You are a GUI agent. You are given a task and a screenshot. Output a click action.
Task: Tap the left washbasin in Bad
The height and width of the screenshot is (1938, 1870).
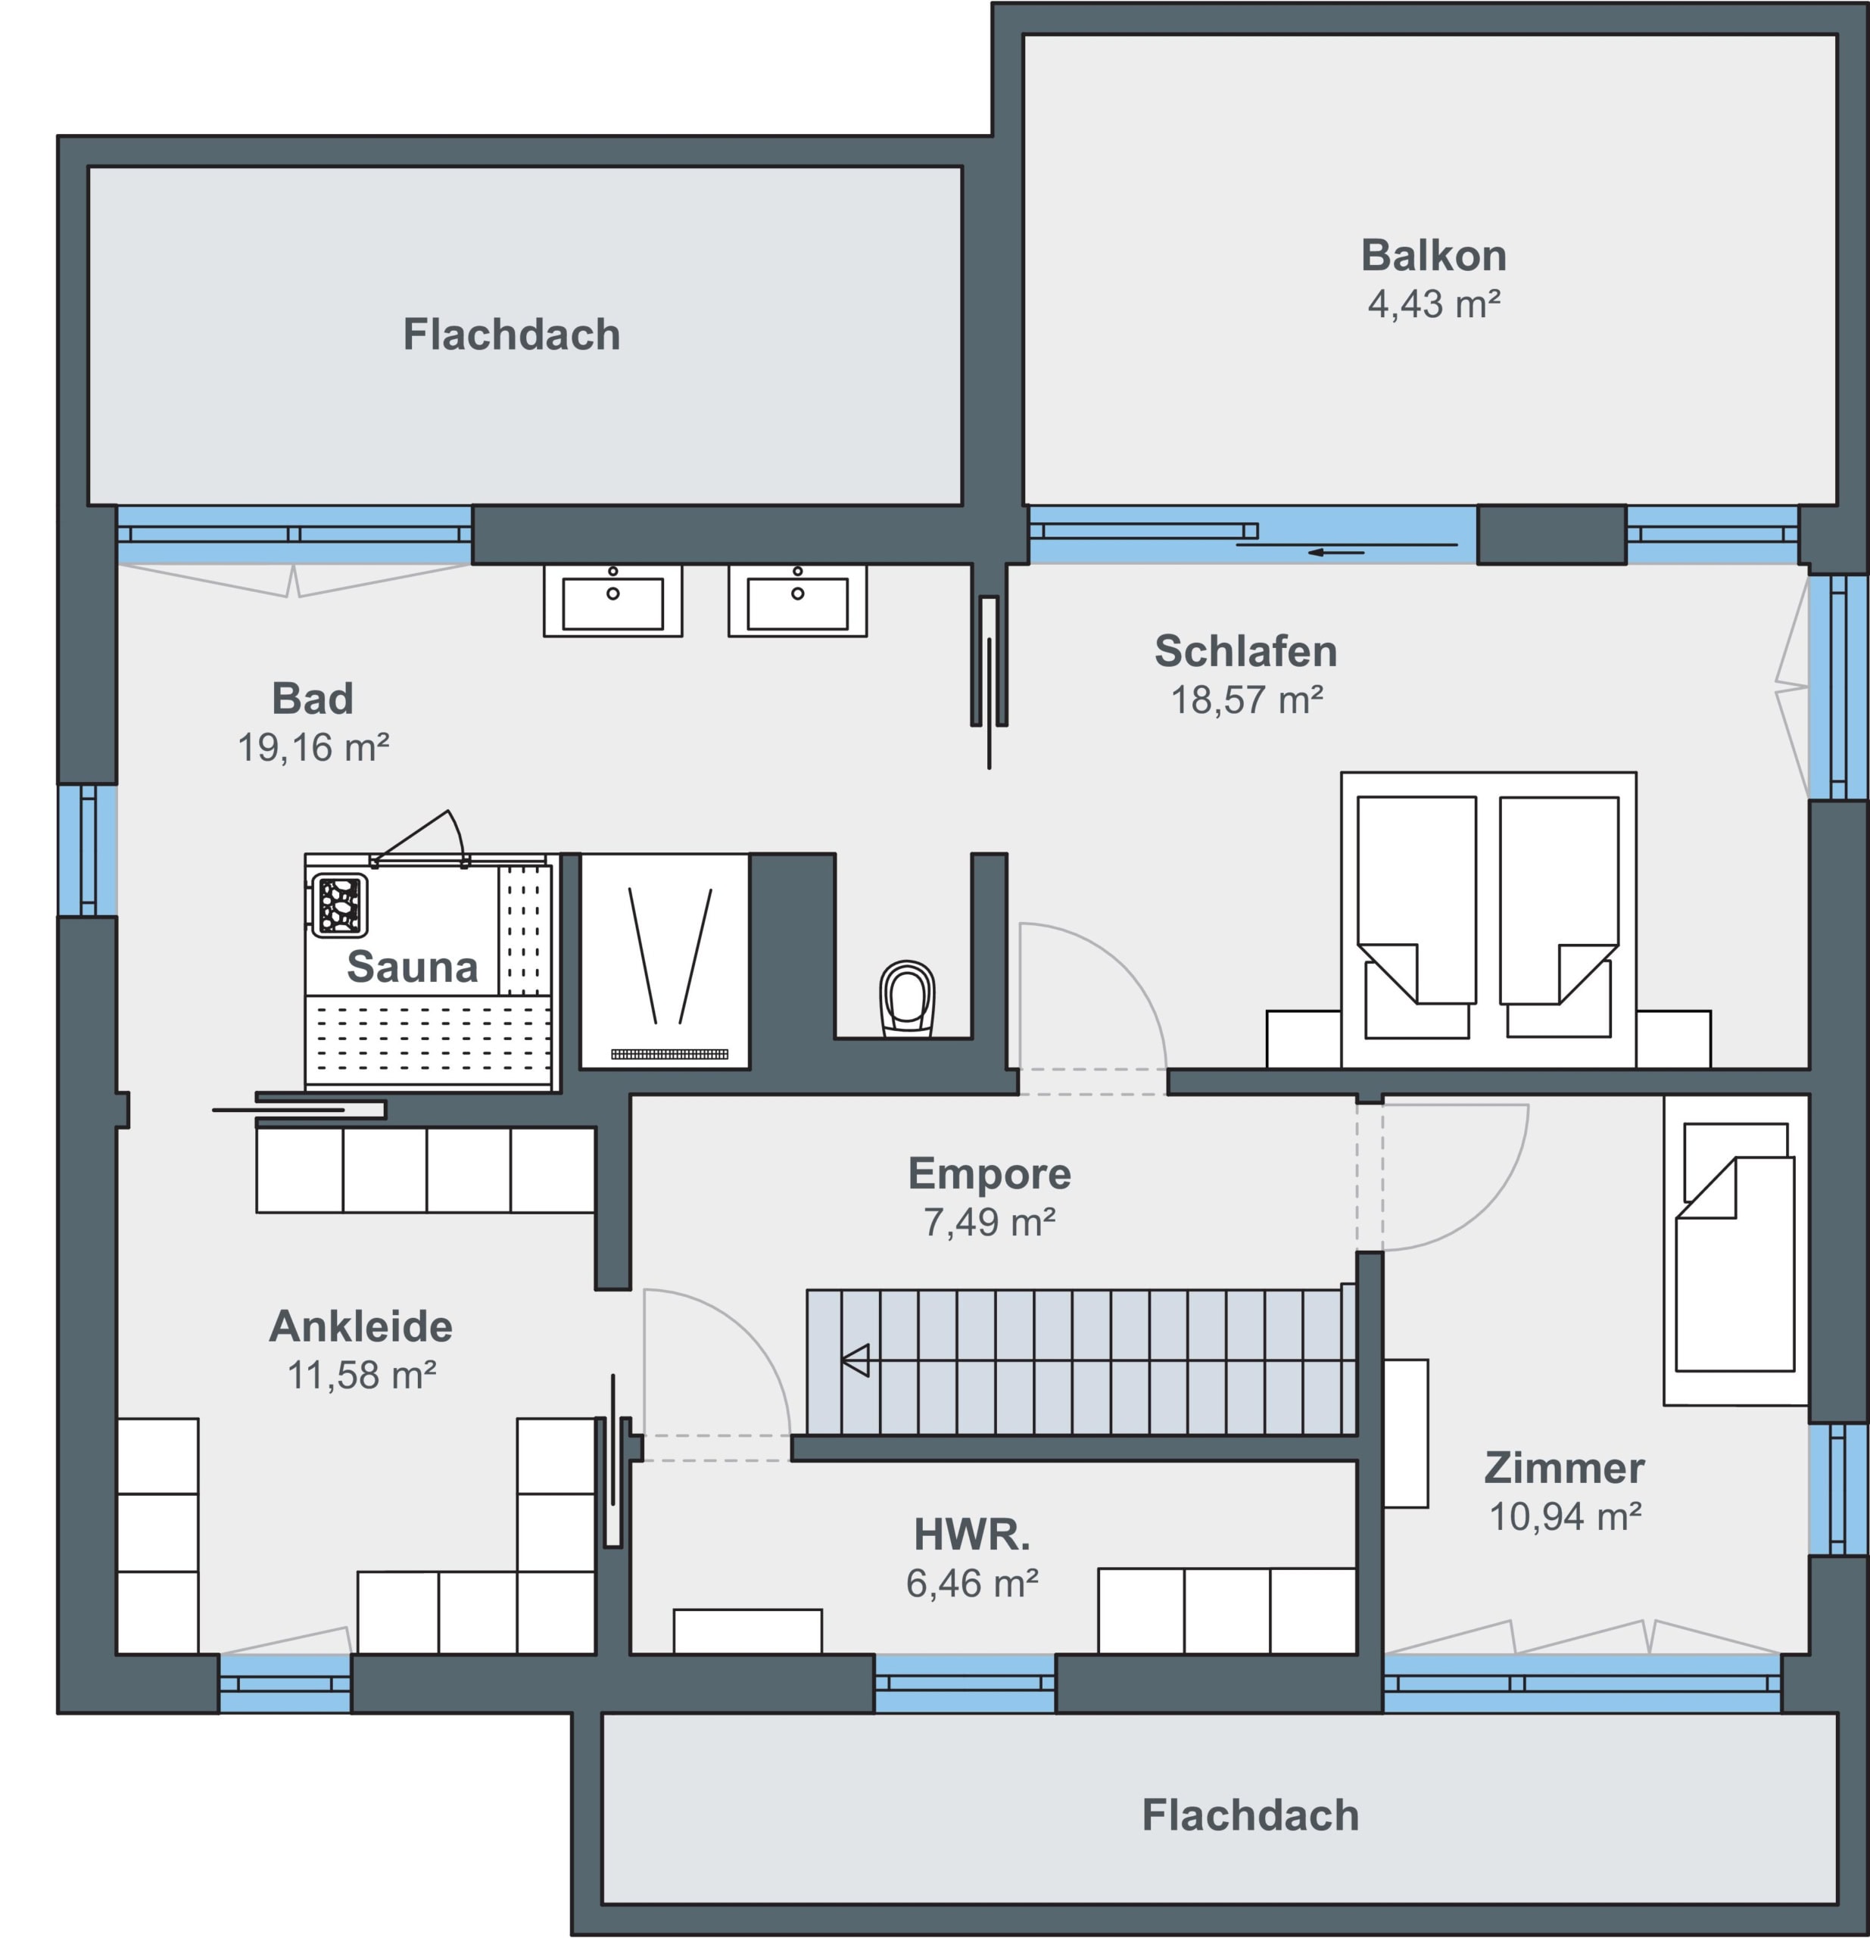[612, 600]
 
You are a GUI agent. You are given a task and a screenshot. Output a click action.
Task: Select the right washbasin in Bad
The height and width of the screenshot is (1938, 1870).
[797, 600]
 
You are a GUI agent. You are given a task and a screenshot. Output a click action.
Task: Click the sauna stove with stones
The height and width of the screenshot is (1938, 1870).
[340, 904]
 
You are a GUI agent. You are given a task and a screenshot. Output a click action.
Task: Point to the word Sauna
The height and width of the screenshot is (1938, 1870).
[413, 966]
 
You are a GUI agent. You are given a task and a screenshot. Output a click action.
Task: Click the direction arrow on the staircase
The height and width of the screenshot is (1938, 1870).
[856, 1360]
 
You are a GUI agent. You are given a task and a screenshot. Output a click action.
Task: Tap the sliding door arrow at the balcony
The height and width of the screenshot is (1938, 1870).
[1336, 553]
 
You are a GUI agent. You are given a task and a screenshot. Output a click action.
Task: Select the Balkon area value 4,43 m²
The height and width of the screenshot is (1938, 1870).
[1434, 304]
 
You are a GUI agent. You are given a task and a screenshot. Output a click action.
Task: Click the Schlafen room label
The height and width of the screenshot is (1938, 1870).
[1246, 650]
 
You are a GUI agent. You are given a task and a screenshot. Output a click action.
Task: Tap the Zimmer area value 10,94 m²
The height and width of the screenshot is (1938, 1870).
[1566, 1516]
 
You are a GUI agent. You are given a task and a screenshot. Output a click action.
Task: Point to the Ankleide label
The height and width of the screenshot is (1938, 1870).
[361, 1326]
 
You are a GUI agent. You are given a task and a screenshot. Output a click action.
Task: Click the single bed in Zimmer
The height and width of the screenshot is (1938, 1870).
[1735, 1249]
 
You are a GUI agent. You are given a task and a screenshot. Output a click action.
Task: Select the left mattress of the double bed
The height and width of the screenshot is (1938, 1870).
[1417, 918]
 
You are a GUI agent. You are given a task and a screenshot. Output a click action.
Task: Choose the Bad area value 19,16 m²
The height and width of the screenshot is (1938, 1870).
[313, 747]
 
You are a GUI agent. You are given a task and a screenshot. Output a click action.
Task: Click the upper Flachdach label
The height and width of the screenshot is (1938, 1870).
[511, 334]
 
